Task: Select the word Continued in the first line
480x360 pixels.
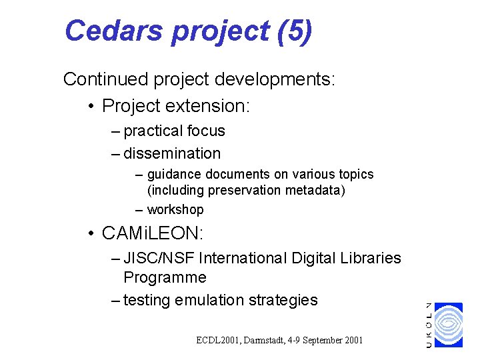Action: point(105,80)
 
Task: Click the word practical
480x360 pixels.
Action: point(154,131)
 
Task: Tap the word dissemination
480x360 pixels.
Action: point(172,153)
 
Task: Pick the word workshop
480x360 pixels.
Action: point(175,209)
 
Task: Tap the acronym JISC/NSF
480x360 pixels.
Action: point(159,258)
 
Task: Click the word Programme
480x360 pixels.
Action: point(165,277)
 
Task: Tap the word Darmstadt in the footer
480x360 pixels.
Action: point(265,341)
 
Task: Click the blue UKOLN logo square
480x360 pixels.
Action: point(447,325)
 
